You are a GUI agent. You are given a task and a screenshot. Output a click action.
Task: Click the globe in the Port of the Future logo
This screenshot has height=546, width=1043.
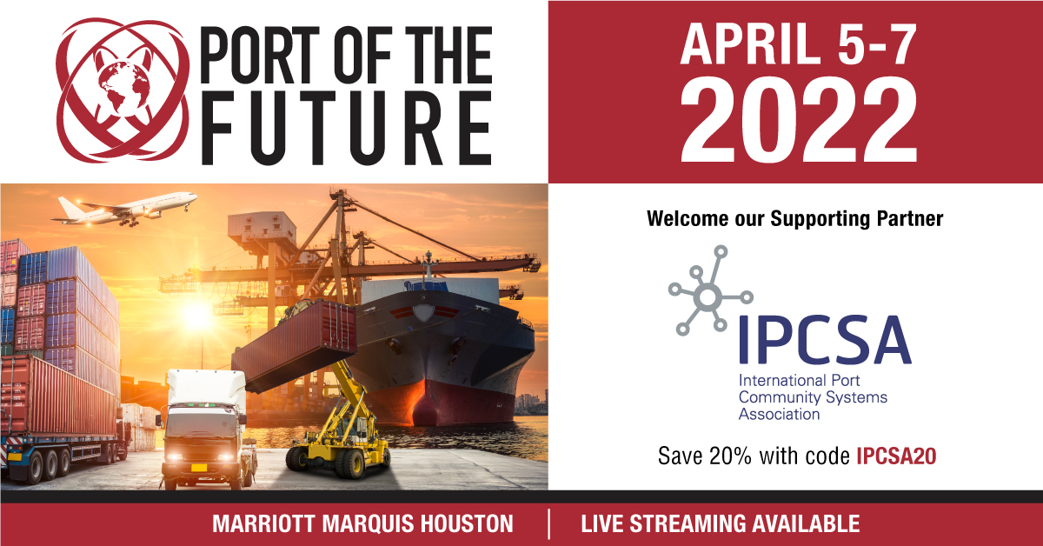coord(123,89)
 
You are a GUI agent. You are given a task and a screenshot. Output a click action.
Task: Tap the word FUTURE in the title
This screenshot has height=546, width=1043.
coord(347,128)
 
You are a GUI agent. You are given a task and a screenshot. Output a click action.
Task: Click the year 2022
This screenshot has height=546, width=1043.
coord(799,119)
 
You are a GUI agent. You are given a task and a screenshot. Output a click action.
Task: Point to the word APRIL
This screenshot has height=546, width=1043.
coord(749,43)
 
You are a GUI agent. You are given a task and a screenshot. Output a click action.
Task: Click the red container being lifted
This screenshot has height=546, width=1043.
coord(295,346)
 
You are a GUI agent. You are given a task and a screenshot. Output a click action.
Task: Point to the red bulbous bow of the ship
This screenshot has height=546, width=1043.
coord(425,410)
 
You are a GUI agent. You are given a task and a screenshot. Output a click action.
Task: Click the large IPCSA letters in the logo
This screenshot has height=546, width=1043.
coord(825,340)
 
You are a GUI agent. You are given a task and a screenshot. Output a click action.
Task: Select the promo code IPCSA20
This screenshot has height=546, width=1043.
coord(896,456)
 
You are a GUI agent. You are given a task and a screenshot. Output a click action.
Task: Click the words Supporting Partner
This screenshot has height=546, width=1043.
coord(857,219)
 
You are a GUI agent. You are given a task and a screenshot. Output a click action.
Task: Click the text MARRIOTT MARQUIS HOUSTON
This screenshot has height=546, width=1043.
coord(362,523)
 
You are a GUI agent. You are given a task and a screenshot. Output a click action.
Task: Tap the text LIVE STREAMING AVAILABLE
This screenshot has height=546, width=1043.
coord(721,523)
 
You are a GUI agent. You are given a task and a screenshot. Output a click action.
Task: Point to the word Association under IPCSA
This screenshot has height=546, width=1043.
coord(779,414)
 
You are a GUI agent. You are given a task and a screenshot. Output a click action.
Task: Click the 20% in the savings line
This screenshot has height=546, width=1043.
coord(730,456)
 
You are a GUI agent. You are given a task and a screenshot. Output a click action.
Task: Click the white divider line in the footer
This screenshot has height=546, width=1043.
coord(549,523)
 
